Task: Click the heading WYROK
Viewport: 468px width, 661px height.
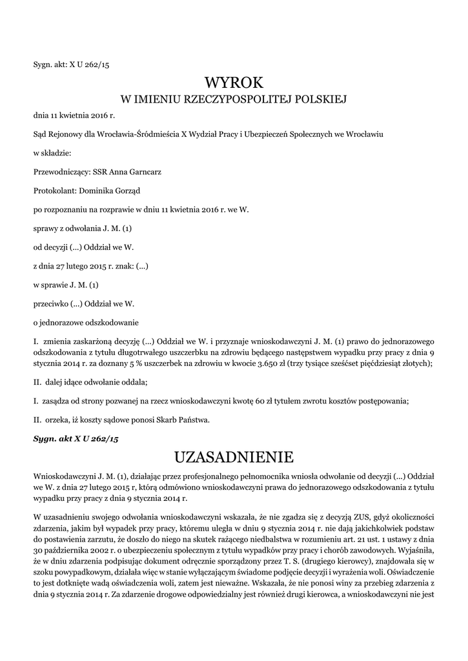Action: [x=234, y=82]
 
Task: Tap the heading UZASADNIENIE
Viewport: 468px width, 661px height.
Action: [x=234, y=458]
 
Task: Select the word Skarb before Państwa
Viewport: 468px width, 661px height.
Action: [x=153, y=420]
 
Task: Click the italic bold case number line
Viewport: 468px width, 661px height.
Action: [x=76, y=439]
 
